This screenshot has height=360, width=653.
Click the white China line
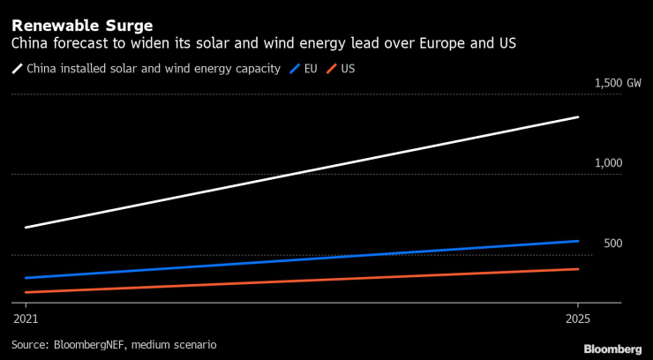[300, 171]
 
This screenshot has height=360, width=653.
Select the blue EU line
[300, 259]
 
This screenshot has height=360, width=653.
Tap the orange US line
[300, 281]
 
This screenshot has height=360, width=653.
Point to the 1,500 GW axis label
[618, 83]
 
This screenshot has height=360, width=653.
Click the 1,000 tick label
[608, 163]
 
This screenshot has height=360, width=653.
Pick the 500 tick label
[613, 244]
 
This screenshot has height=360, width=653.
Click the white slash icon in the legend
[17, 68]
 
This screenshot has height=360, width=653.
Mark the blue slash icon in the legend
[296, 68]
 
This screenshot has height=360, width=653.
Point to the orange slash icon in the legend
[334, 68]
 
